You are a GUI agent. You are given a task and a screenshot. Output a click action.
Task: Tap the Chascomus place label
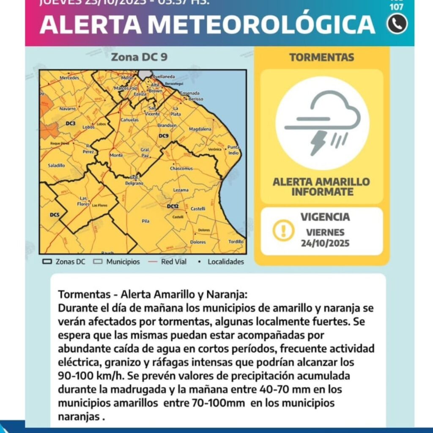click(x=181, y=168)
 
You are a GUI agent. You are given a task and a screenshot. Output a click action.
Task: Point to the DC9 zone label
click(x=163, y=136)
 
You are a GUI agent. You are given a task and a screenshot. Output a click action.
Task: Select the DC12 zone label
click(x=173, y=206)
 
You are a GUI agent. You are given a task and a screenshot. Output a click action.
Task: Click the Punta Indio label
click(x=233, y=150)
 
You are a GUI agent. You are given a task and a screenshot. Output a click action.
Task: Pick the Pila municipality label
click(x=146, y=221)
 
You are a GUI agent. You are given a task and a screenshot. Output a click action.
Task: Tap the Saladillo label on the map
click(x=56, y=165)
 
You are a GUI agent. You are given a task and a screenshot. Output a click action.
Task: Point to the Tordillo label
click(x=236, y=242)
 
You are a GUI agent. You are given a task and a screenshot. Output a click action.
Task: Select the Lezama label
click(x=181, y=190)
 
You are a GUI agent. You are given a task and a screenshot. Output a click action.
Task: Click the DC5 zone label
click(x=55, y=215)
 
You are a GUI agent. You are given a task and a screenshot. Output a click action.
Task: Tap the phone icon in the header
click(x=397, y=25)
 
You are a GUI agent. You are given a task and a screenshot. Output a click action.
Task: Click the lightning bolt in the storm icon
click(x=318, y=143)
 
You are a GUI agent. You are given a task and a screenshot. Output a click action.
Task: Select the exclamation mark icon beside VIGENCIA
click(x=283, y=230)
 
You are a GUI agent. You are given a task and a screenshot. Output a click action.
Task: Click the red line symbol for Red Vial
click(x=153, y=262)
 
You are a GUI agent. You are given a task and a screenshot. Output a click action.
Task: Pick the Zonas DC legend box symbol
click(x=47, y=262)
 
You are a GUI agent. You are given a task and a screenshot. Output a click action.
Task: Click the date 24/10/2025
click(x=325, y=243)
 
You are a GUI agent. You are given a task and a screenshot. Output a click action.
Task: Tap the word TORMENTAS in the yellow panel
click(x=321, y=58)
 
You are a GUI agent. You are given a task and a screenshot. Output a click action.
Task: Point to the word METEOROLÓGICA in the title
click(x=261, y=25)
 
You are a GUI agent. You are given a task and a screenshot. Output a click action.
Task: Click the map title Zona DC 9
click(x=139, y=58)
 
